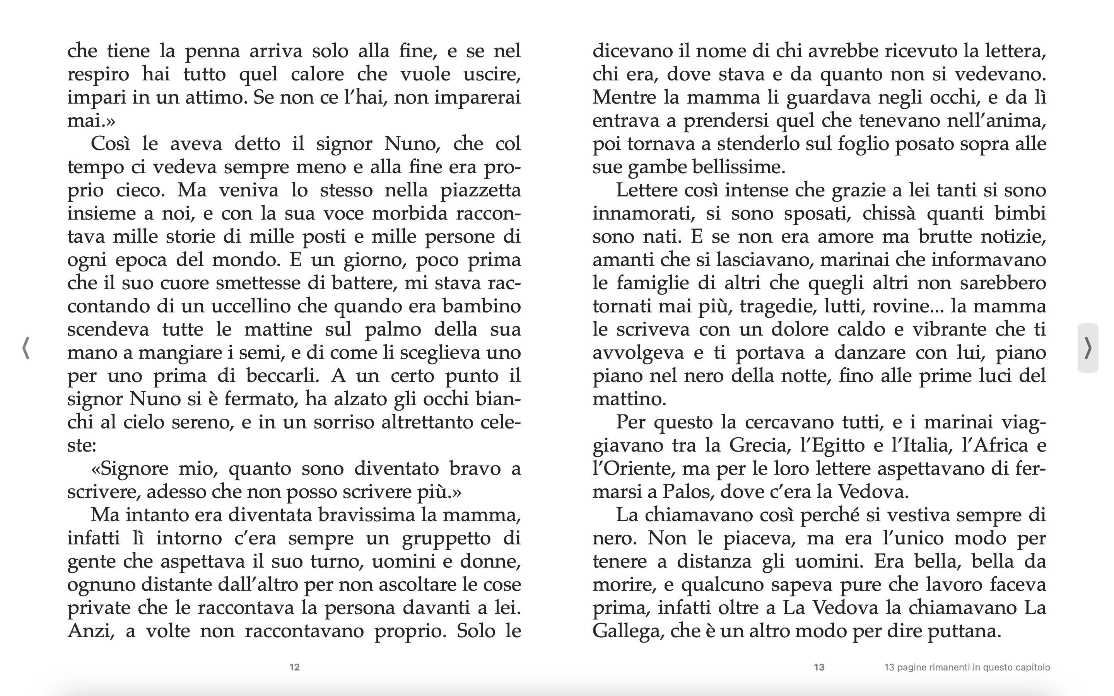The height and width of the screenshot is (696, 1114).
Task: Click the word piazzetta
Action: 480,191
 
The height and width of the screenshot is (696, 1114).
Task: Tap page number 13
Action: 819,667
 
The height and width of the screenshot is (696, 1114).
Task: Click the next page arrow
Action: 1088,348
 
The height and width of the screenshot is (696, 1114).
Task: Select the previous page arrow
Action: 26,348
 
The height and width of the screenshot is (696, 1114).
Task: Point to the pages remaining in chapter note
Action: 967,667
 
